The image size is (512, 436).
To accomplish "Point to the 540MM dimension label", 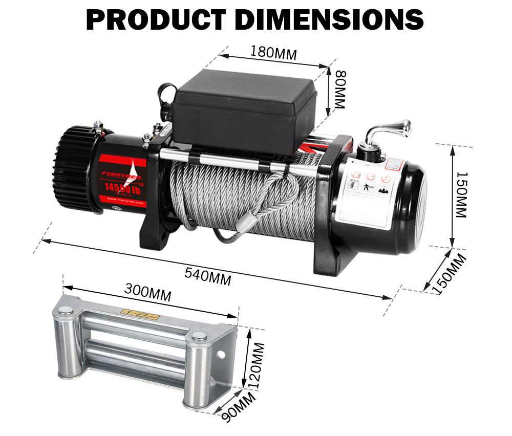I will pos(208,277).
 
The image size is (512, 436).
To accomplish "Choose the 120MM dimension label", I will pos(257,364).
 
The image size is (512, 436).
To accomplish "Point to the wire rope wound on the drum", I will pos(241,200).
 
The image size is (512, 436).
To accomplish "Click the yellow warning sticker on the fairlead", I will pos(139,315).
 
